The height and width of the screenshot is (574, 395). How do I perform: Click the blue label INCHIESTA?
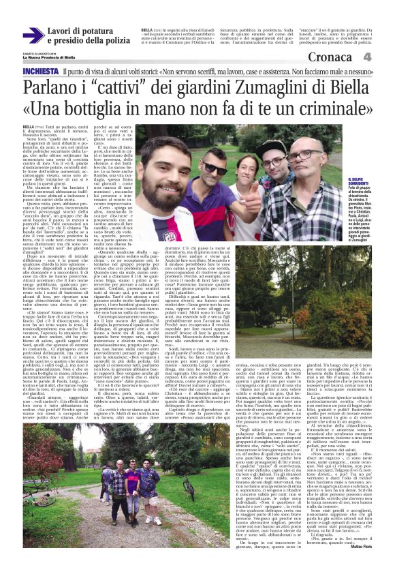click(40, 72)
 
